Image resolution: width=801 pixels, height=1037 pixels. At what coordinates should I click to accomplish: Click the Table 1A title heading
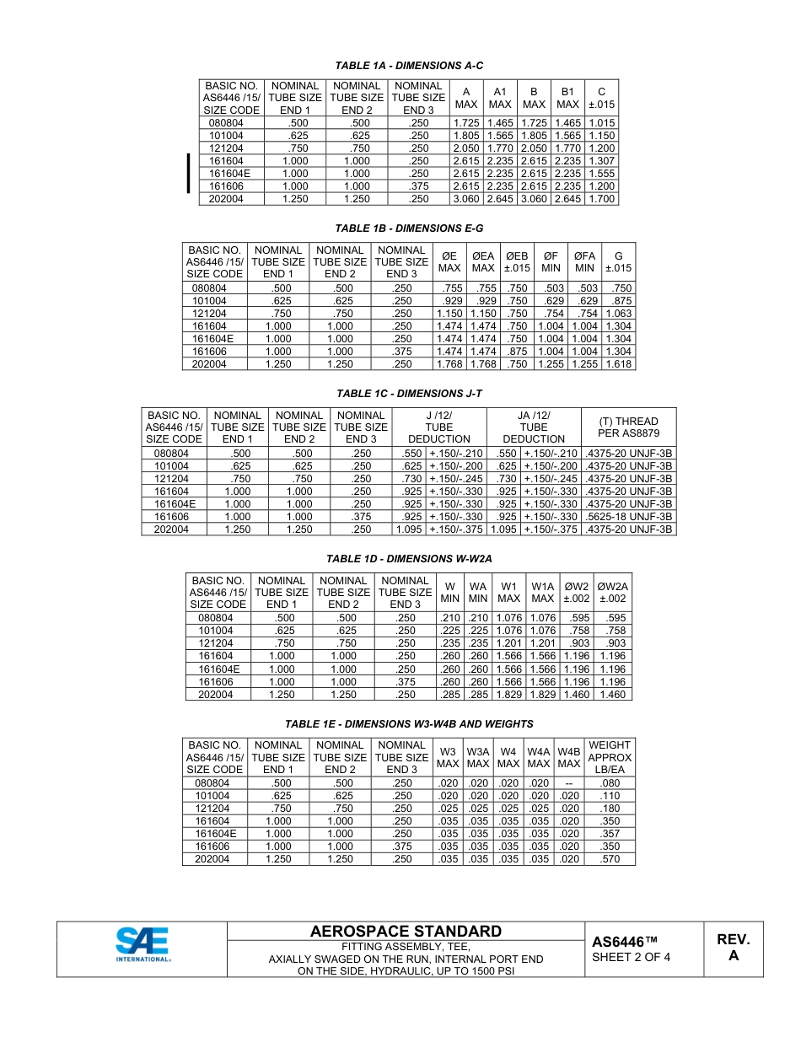[x=409, y=65]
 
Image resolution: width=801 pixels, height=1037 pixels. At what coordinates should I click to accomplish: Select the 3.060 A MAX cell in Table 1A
[x=466, y=199]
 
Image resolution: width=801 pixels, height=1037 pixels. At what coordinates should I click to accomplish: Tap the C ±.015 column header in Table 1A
[x=601, y=98]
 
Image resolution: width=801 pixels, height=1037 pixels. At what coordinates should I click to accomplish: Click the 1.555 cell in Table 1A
[x=601, y=174]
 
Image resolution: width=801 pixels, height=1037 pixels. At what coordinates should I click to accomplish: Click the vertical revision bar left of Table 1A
[x=188, y=174]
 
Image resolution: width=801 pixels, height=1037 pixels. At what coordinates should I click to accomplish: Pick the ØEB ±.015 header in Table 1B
[x=517, y=262]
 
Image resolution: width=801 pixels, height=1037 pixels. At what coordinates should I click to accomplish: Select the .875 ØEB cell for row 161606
[x=517, y=352]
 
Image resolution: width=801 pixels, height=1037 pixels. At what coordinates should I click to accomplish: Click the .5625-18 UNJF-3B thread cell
[x=629, y=517]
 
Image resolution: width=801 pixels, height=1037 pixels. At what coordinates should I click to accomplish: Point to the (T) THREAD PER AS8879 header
[x=629, y=427]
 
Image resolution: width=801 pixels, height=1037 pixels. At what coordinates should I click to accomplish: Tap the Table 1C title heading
[x=409, y=394]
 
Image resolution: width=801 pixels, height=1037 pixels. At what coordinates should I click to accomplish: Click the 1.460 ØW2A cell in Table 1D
[x=613, y=695]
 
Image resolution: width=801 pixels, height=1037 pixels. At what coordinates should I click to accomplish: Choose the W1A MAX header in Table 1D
[x=543, y=592]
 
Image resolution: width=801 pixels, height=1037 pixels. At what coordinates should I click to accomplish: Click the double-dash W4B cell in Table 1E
[x=569, y=783]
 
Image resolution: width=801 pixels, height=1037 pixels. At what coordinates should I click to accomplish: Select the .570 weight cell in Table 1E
[x=609, y=859]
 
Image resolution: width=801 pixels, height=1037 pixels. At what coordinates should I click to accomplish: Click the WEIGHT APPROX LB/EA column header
[x=609, y=757]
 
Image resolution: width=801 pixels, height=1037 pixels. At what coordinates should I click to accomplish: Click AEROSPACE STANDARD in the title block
[x=406, y=932]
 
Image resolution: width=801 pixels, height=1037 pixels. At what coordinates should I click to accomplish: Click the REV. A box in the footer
[x=734, y=948]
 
